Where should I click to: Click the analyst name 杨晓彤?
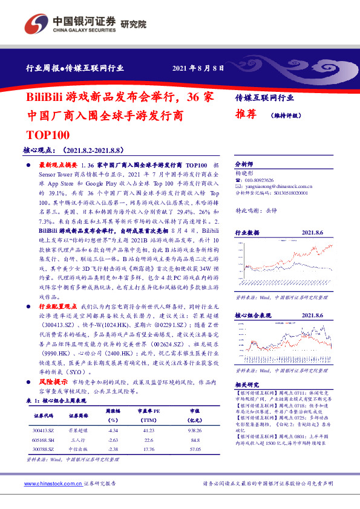tap(244, 172)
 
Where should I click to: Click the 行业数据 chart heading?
tap(247, 232)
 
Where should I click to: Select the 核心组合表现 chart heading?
tap(251, 314)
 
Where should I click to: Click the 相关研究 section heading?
tap(247, 384)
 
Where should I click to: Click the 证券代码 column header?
tap(44, 416)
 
